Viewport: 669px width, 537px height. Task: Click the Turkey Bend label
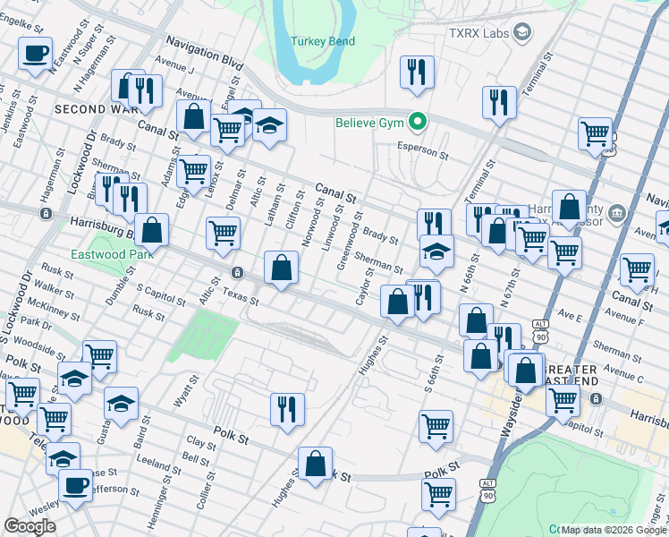[x=323, y=42]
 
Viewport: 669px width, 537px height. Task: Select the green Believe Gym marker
[x=416, y=123]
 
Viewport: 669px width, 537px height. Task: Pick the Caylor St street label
[x=364, y=285]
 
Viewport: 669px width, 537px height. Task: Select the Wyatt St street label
[x=185, y=390]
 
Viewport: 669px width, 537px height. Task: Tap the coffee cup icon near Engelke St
[x=36, y=54]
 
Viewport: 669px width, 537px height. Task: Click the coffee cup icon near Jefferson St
[x=75, y=485]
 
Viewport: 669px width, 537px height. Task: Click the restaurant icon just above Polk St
[x=287, y=409]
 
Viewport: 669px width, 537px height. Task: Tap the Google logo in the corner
[x=30, y=526]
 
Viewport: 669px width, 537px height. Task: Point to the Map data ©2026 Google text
[x=613, y=530]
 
